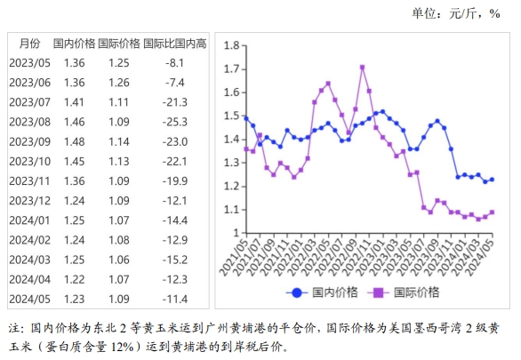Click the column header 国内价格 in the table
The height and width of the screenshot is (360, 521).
[x=74, y=43]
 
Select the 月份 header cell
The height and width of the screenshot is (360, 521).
[x=28, y=43]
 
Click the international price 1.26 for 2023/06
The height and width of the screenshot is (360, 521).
[x=119, y=83]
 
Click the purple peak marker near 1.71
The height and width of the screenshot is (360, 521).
[x=363, y=67]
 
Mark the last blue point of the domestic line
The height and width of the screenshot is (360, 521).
[x=492, y=179]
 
